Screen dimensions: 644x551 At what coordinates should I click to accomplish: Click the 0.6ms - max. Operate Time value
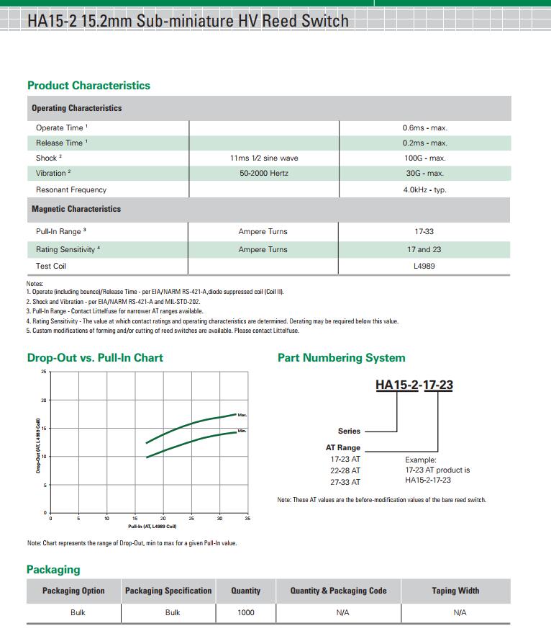point(424,128)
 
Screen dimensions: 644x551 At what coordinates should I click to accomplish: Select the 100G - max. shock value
point(424,158)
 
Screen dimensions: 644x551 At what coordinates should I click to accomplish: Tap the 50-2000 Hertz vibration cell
point(263,173)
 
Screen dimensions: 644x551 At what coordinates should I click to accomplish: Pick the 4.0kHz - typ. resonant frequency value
point(424,189)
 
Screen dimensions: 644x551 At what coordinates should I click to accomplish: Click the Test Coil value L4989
point(424,266)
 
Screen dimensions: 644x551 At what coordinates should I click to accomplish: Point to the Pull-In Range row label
point(60,231)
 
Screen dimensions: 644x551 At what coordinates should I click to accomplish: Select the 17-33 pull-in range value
point(424,231)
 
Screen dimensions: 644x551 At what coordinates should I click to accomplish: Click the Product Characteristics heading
point(88,85)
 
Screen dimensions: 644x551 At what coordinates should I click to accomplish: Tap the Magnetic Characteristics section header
point(76,209)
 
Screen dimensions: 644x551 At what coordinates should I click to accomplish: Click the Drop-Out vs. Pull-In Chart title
point(95,357)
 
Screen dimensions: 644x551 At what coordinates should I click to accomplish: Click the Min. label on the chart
point(242,431)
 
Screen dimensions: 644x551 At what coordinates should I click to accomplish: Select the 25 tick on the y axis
point(43,372)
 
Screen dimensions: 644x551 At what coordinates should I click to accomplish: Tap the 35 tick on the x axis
point(247,519)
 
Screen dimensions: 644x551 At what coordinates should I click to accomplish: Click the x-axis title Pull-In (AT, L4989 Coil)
point(147,527)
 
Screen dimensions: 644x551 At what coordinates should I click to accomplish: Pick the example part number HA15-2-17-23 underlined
point(414,385)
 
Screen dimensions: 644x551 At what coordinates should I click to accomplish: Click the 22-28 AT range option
point(345,470)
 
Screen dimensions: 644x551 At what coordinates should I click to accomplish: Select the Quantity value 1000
point(245,612)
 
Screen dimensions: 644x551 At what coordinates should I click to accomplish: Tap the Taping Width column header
point(455,591)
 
